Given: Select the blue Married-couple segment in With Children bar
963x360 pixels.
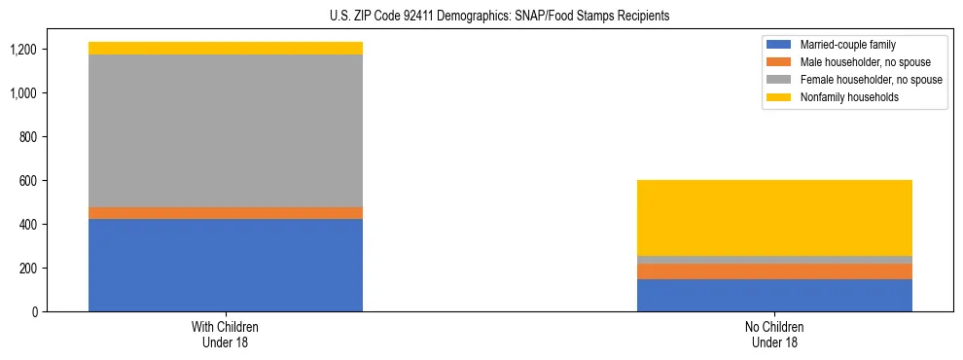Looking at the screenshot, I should pyautogui.click(x=226, y=265).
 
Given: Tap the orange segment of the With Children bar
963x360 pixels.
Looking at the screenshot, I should pyautogui.click(x=226, y=213).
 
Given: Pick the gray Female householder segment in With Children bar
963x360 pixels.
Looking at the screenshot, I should pyautogui.click(x=226, y=130).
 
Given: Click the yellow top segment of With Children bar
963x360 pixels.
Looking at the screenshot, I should pyautogui.click(x=226, y=48).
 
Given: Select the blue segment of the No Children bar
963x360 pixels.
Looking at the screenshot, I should pyautogui.click(x=774, y=295).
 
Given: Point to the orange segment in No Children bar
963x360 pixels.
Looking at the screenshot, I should pyautogui.click(x=774, y=271).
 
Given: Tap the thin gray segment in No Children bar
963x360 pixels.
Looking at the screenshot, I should pyautogui.click(x=774, y=260).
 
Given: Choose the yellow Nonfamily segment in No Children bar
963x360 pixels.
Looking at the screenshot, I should pyautogui.click(x=774, y=218).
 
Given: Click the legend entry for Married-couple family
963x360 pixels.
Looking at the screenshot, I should pyautogui.click(x=847, y=45).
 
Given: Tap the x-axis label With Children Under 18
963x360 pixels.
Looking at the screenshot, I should pyautogui.click(x=226, y=334).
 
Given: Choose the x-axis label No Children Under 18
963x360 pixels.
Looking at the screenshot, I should pyautogui.click(x=774, y=334).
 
